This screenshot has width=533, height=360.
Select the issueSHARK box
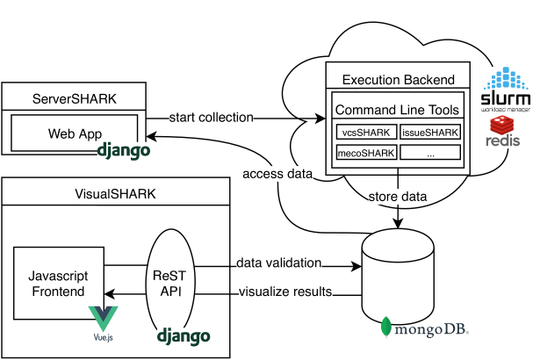pyautogui.click(x=430, y=133)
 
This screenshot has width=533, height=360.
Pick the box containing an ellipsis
pyautogui.click(x=430, y=152)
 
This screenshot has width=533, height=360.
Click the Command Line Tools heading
pyautogui.click(x=398, y=111)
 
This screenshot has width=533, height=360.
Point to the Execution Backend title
pyautogui.click(x=398, y=79)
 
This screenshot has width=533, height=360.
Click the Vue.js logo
pyautogui.click(x=103, y=317)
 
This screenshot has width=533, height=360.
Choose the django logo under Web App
pyautogui.click(x=124, y=150)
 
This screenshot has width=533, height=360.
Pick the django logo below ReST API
pyautogui.click(x=184, y=335)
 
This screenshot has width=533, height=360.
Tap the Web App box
pyautogui.click(x=75, y=134)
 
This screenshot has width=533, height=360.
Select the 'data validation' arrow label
pyautogui.click(x=278, y=263)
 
